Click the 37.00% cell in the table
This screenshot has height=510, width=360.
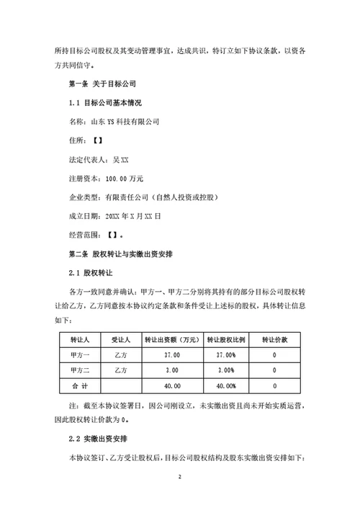click(225, 355)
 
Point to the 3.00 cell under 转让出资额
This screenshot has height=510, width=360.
click(171, 371)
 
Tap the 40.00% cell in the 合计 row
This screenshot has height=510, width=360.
click(225, 388)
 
